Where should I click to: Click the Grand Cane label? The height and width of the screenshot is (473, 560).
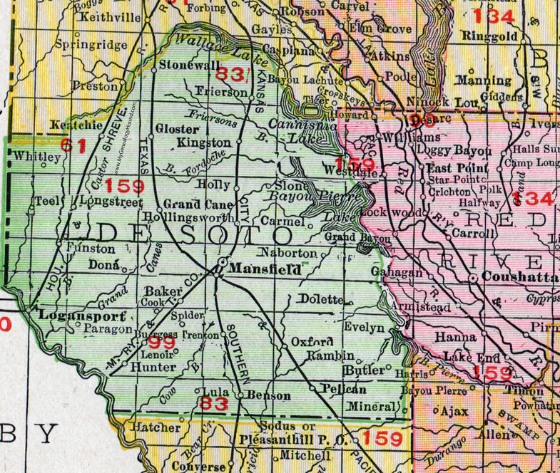[188, 203]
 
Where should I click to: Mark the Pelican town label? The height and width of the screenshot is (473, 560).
[344, 389]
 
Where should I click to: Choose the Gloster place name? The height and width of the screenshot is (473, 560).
[177, 129]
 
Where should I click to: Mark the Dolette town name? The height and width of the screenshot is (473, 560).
[322, 299]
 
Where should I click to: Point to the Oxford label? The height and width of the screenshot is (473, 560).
[312, 342]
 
